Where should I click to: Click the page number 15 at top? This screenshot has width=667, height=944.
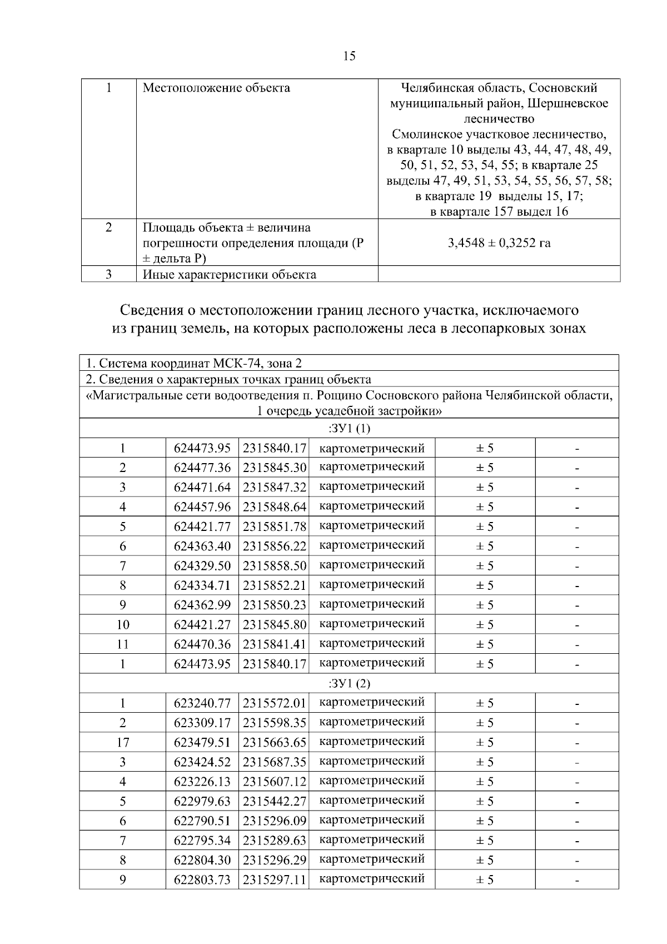click(349, 56)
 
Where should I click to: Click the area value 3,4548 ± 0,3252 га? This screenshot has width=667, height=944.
click(499, 243)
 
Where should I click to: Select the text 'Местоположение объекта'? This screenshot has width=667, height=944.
click(216, 88)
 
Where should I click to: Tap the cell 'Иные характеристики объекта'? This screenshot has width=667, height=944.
click(229, 275)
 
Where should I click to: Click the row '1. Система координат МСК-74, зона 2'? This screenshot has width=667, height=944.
click(194, 364)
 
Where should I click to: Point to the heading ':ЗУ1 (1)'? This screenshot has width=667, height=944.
click(349, 429)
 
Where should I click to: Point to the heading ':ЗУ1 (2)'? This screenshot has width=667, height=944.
click(349, 684)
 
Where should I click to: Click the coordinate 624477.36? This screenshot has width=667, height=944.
click(202, 468)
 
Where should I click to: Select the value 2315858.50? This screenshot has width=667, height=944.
click(274, 566)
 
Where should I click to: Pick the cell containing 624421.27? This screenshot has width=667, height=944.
click(202, 625)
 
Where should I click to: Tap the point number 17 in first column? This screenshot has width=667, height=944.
click(122, 743)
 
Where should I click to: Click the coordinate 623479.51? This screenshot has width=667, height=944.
click(202, 743)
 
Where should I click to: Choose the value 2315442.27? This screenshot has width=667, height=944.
click(274, 802)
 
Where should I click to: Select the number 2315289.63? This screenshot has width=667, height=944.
click(274, 841)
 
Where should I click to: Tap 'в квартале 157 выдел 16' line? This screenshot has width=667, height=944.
click(499, 212)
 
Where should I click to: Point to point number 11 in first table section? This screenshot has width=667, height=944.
click(122, 644)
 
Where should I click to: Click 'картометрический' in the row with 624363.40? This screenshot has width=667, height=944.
click(372, 545)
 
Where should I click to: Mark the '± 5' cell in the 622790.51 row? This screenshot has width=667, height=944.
click(484, 821)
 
